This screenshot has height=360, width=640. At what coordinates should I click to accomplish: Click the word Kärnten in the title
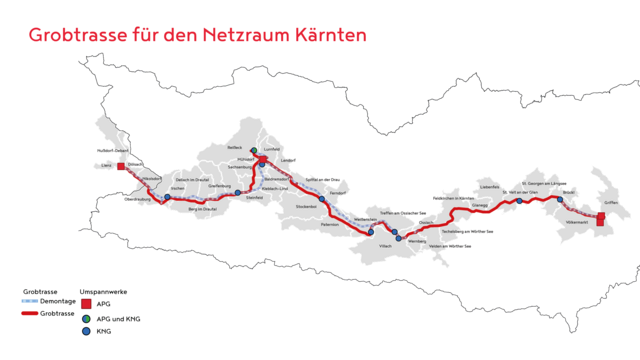click(326, 34)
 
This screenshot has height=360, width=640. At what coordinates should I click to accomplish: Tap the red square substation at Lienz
click(122, 167)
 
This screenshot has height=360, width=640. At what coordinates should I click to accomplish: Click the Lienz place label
click(106, 167)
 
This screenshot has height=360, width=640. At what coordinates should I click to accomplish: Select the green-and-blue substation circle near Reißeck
click(253, 151)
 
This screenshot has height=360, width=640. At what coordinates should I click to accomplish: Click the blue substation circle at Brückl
click(560, 199)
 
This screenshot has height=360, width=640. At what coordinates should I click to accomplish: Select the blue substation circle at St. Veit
click(519, 201)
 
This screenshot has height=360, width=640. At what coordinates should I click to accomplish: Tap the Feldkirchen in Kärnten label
click(452, 198)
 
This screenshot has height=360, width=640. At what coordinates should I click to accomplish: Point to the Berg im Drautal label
click(203, 209)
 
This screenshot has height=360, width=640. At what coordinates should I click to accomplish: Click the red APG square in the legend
click(87, 303)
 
